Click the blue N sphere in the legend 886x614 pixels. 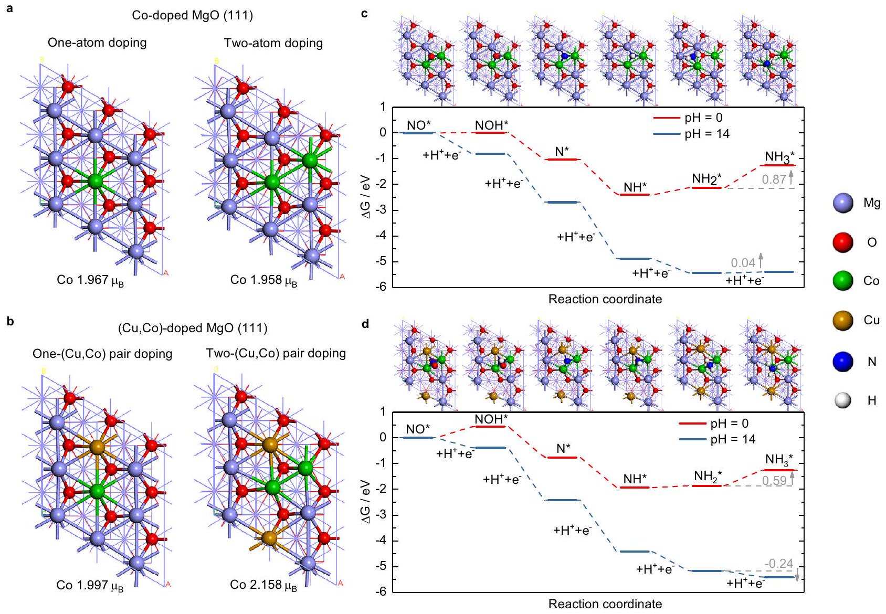(x=843, y=361)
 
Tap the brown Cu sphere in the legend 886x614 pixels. (x=843, y=320)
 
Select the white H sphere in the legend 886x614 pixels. (x=843, y=400)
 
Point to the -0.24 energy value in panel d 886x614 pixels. (x=779, y=564)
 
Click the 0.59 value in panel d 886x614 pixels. (x=774, y=480)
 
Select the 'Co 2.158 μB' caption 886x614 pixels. (x=263, y=585)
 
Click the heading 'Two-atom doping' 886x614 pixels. (x=273, y=43)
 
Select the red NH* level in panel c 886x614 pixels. (x=635, y=195)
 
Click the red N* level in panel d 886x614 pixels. (x=562, y=457)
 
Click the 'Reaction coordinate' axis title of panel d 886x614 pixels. (x=605, y=604)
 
